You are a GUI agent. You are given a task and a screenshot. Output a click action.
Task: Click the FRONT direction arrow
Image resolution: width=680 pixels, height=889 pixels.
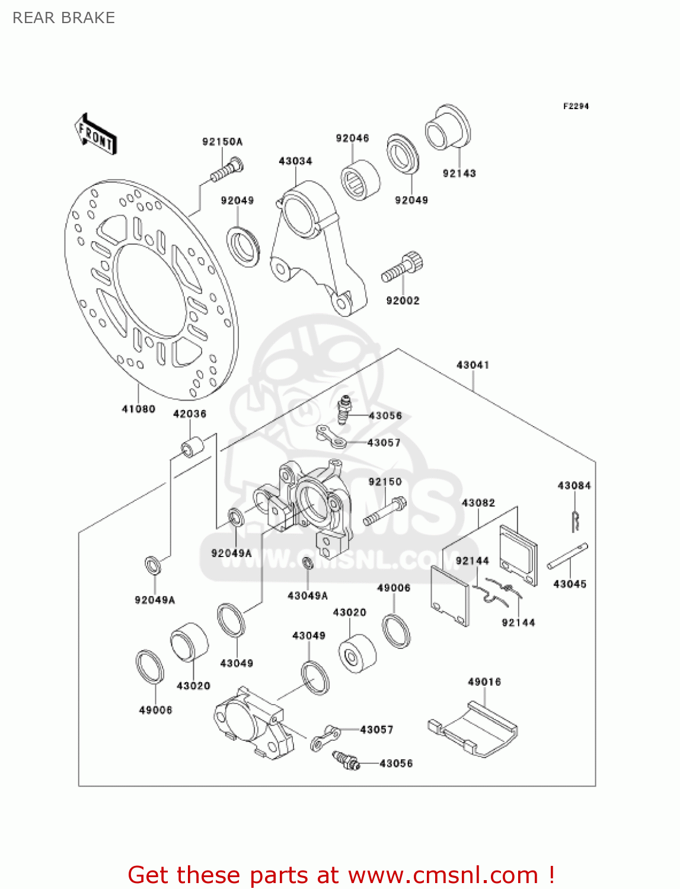[95, 135]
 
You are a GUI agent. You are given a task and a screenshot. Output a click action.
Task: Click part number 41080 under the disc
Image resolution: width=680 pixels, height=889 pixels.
[138, 409]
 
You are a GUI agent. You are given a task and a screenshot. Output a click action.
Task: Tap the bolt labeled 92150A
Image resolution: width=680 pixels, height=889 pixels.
[226, 169]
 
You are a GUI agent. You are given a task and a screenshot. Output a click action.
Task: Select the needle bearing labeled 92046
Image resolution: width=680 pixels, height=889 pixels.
[360, 180]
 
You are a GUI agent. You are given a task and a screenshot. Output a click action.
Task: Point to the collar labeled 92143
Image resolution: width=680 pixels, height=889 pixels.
[447, 129]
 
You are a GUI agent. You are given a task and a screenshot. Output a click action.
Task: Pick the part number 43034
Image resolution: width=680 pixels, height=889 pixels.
[295, 161]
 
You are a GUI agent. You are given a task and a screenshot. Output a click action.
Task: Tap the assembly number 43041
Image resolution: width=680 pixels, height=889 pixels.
[473, 365]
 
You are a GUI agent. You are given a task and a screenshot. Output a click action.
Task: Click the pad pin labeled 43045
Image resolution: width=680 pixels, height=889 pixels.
[567, 556]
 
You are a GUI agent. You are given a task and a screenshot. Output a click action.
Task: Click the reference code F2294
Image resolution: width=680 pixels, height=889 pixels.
[576, 106]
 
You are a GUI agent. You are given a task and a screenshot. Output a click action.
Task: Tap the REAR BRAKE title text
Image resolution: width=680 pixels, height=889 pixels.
[63, 18]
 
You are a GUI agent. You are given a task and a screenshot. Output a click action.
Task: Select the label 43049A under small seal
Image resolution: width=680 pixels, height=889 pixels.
[307, 596]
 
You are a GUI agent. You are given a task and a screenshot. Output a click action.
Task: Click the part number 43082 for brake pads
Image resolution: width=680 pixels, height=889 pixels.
[478, 503]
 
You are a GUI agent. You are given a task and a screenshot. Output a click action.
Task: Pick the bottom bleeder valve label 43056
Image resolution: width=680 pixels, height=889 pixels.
[395, 763]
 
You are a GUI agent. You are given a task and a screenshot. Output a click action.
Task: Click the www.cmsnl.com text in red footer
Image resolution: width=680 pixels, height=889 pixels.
[442, 875]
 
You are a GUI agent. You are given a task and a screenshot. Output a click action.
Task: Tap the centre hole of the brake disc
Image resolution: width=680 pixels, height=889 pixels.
[152, 292]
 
